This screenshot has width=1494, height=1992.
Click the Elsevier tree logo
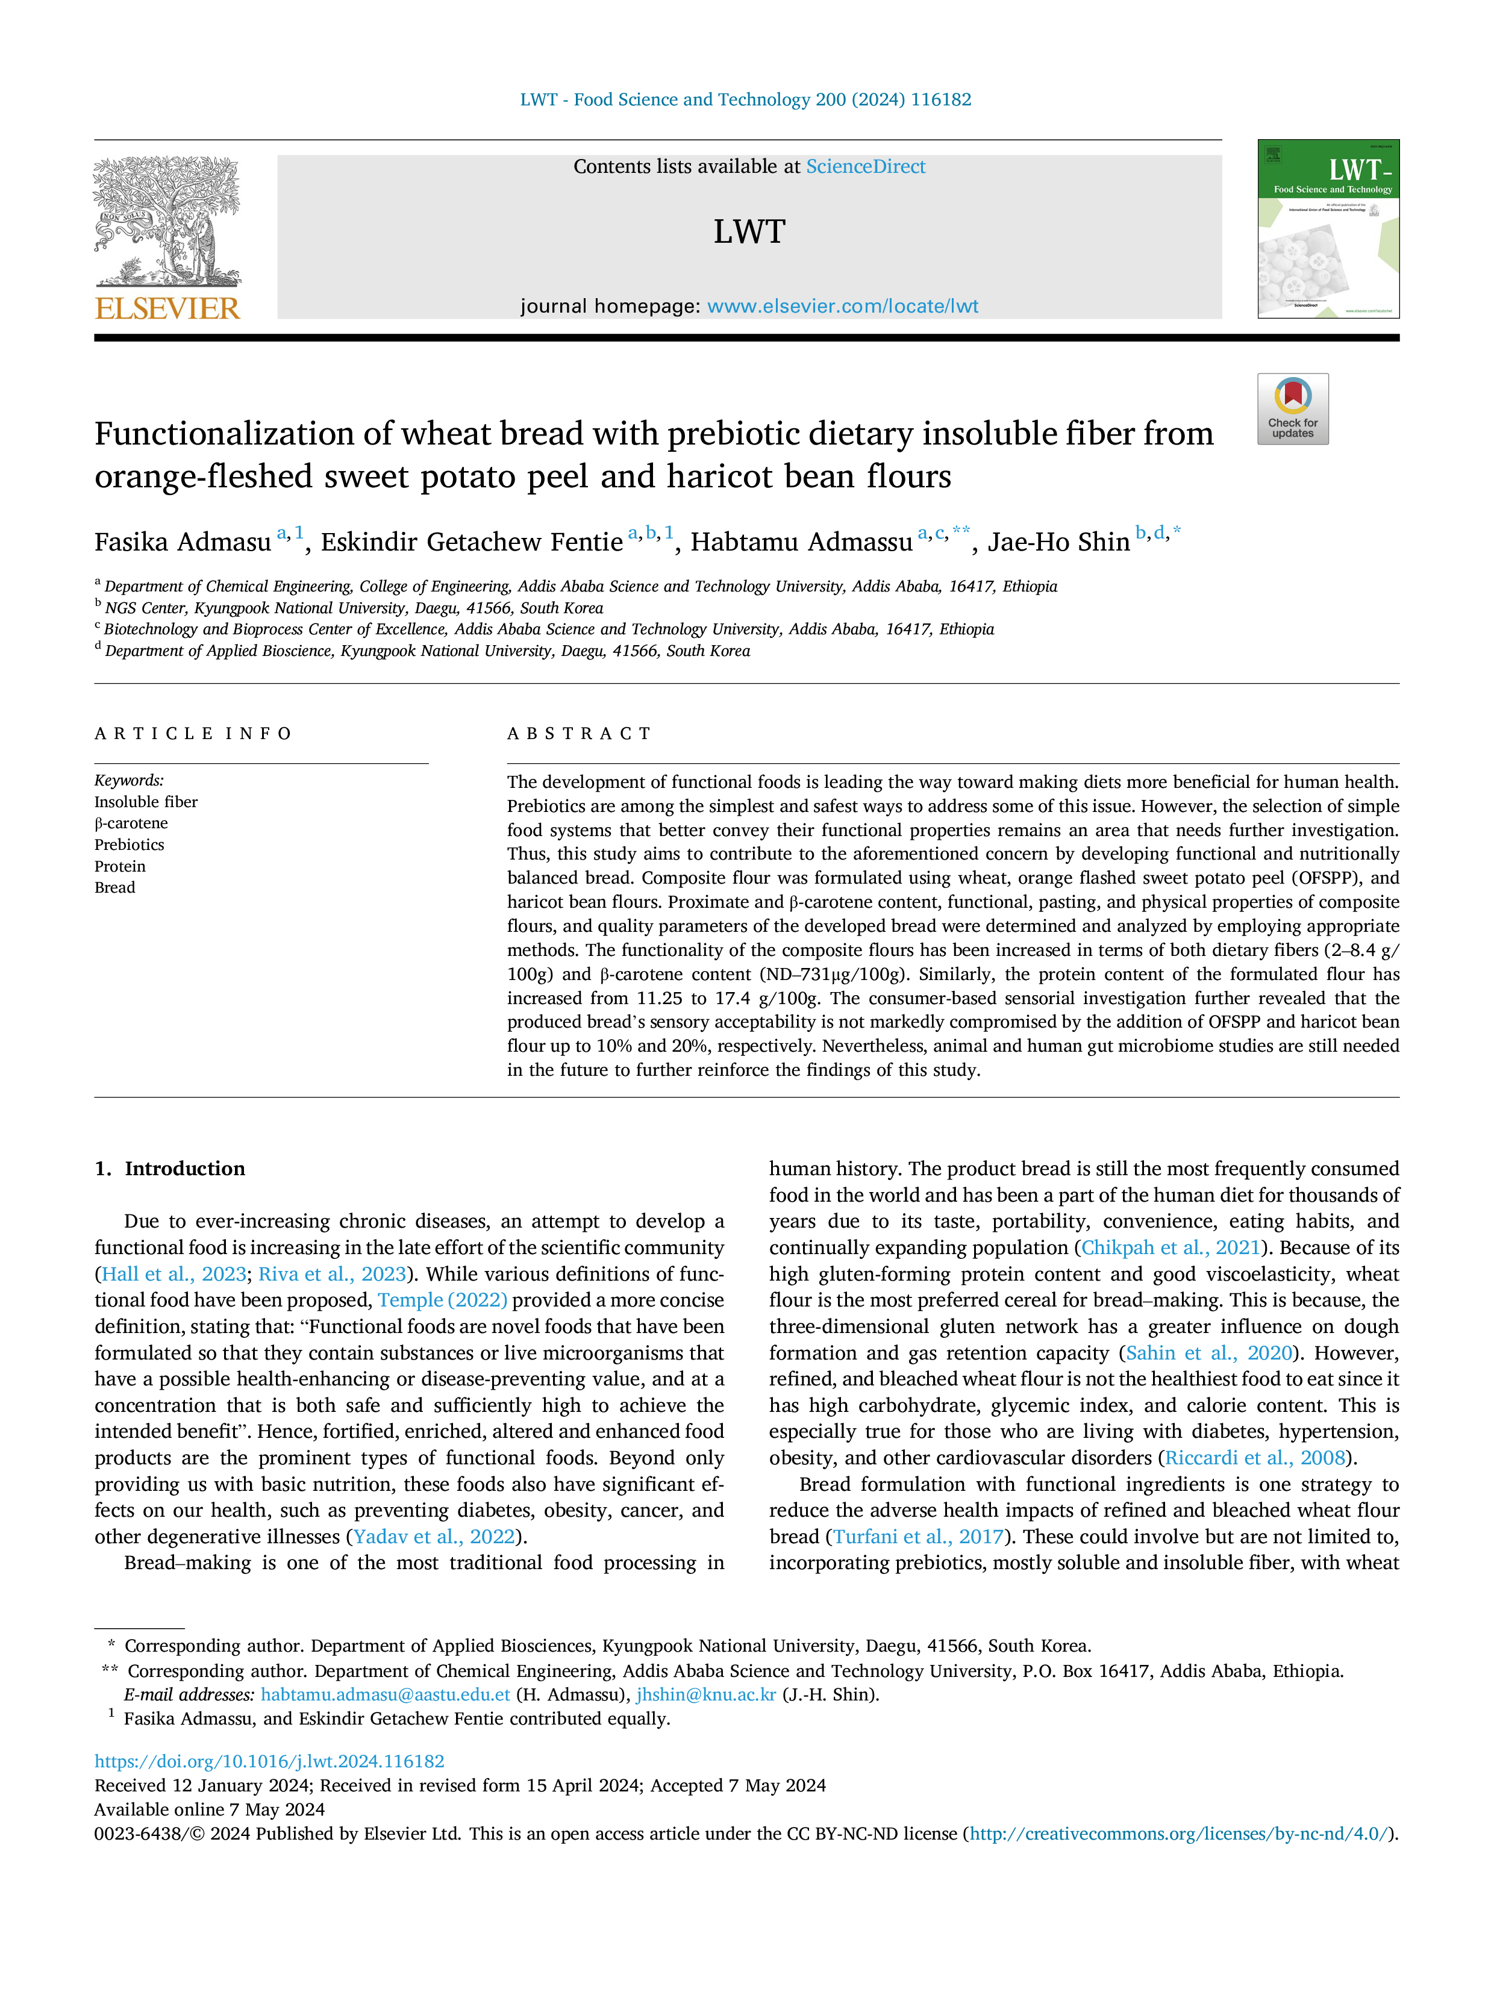click(x=167, y=222)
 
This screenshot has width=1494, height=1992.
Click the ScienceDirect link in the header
click(x=866, y=167)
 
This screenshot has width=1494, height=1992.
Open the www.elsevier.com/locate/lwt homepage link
click(x=843, y=306)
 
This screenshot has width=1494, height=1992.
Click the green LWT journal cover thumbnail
click(x=1328, y=229)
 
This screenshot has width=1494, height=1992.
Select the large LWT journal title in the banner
click(x=749, y=231)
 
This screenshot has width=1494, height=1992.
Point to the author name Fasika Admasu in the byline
click(x=183, y=542)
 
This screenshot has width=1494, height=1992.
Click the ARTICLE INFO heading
click(x=193, y=734)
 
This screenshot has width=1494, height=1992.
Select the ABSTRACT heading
click(x=579, y=734)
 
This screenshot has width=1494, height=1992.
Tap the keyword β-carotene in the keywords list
click(x=131, y=823)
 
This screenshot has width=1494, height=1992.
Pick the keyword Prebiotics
click(x=130, y=845)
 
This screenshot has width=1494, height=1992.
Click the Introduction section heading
click(x=184, y=1169)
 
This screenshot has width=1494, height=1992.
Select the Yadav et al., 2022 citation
click(x=434, y=1537)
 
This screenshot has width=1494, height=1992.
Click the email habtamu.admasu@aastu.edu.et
click(x=386, y=1695)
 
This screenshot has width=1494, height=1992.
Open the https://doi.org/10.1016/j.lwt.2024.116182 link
click(x=269, y=1761)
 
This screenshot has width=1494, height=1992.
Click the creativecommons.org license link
click(x=1180, y=1834)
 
